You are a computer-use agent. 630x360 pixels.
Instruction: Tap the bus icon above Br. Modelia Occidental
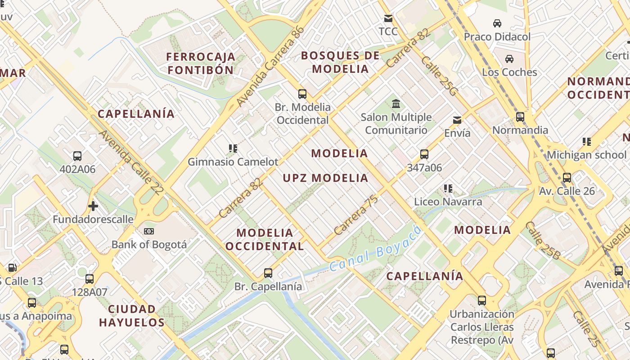[x=302, y=94]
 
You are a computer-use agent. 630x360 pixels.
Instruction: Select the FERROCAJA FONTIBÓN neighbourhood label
[x=201, y=63]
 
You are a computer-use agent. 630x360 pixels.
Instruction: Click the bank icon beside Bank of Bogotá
[x=149, y=231]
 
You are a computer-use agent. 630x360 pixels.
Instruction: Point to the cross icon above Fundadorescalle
[x=93, y=206]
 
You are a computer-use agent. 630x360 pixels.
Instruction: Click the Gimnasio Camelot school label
[x=233, y=162]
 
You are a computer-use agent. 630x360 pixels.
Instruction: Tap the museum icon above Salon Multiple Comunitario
[x=396, y=104]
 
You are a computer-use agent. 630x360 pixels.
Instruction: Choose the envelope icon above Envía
[x=457, y=120]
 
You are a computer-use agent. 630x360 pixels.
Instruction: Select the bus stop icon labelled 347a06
[x=424, y=154]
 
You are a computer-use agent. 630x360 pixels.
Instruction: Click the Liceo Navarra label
[x=448, y=202]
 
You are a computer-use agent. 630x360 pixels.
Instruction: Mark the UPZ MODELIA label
[x=325, y=178]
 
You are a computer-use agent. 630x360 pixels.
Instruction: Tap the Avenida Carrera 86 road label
[x=270, y=67]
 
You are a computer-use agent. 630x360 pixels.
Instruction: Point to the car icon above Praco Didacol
[x=497, y=23]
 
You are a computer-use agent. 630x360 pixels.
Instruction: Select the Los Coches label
[x=509, y=72]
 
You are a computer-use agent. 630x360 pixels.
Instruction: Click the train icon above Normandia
[x=520, y=117]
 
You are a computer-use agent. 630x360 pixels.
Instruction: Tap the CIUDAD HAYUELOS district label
[x=132, y=316]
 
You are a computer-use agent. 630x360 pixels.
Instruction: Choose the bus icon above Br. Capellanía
[x=268, y=273]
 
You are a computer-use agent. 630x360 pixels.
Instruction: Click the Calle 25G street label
[x=439, y=76]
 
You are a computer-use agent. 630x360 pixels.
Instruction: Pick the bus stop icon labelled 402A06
[x=77, y=156]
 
